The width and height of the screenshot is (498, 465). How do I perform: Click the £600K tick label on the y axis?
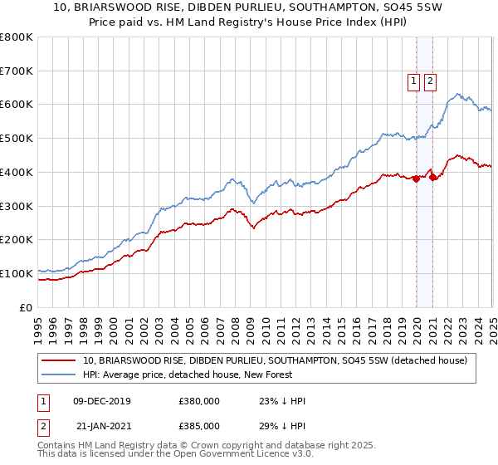17,105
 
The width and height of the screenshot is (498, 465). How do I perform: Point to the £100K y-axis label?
17,273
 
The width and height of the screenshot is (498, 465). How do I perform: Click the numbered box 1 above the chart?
413,81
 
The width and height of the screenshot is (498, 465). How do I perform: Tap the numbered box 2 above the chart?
431,81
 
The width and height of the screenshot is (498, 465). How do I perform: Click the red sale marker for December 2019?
416,179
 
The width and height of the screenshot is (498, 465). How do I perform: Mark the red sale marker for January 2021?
432,177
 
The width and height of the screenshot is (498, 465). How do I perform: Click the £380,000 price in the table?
199,401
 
